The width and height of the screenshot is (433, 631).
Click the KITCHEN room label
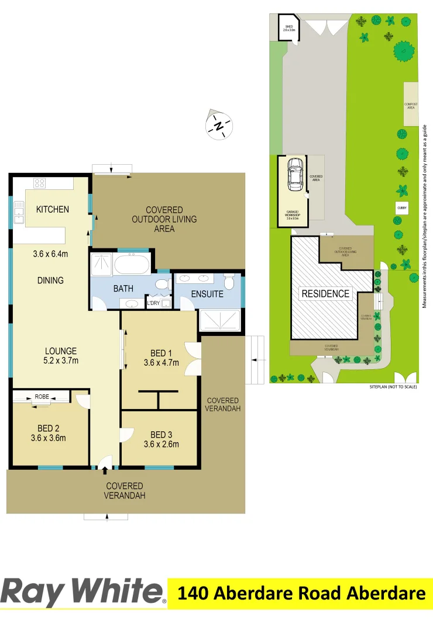pyautogui.click(x=52, y=209)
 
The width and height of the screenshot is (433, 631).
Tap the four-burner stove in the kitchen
pyautogui.click(x=40, y=183)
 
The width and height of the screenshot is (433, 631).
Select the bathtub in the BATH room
pyautogui.click(x=132, y=266)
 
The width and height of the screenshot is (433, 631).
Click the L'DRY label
pyautogui.click(x=153, y=303)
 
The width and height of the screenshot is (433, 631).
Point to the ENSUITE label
pyautogui.click(x=207, y=294)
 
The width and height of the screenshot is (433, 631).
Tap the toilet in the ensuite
pyautogui.click(x=230, y=283)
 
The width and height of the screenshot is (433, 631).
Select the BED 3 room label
pyautogui.click(x=161, y=435)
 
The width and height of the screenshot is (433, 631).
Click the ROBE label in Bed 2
pyautogui.click(x=42, y=397)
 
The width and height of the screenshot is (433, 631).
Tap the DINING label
pyautogui.click(x=50, y=280)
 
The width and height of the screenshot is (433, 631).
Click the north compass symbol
pyautogui.click(x=219, y=125)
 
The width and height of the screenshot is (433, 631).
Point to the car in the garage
pyautogui.click(x=295, y=174)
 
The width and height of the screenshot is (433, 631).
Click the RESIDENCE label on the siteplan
pyautogui.click(x=325, y=294)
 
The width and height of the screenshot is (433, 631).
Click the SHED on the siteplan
pyautogui.click(x=288, y=28)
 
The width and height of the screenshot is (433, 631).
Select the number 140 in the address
pyautogui.click(x=193, y=594)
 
